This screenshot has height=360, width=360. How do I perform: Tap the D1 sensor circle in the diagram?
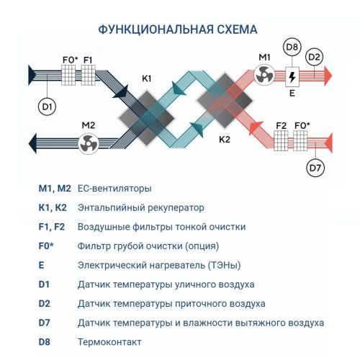pyautogui.click(x=47, y=107)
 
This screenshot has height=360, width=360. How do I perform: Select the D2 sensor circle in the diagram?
pyautogui.click(x=314, y=56)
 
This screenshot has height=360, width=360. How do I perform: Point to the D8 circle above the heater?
pyautogui.click(x=292, y=49)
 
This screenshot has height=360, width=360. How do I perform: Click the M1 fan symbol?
pyautogui.click(x=265, y=75)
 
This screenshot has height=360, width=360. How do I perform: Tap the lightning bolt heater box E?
pyautogui.click(x=292, y=75)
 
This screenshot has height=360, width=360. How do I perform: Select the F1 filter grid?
pyautogui.click(x=88, y=75)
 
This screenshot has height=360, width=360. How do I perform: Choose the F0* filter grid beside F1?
pyautogui.click(x=68, y=75)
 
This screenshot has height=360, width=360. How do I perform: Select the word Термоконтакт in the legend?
pyautogui.click(x=109, y=341)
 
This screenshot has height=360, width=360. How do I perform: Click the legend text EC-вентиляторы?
pyautogui.click(x=114, y=189)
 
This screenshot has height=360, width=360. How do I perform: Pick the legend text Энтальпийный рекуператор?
pyautogui.click(x=135, y=207)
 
